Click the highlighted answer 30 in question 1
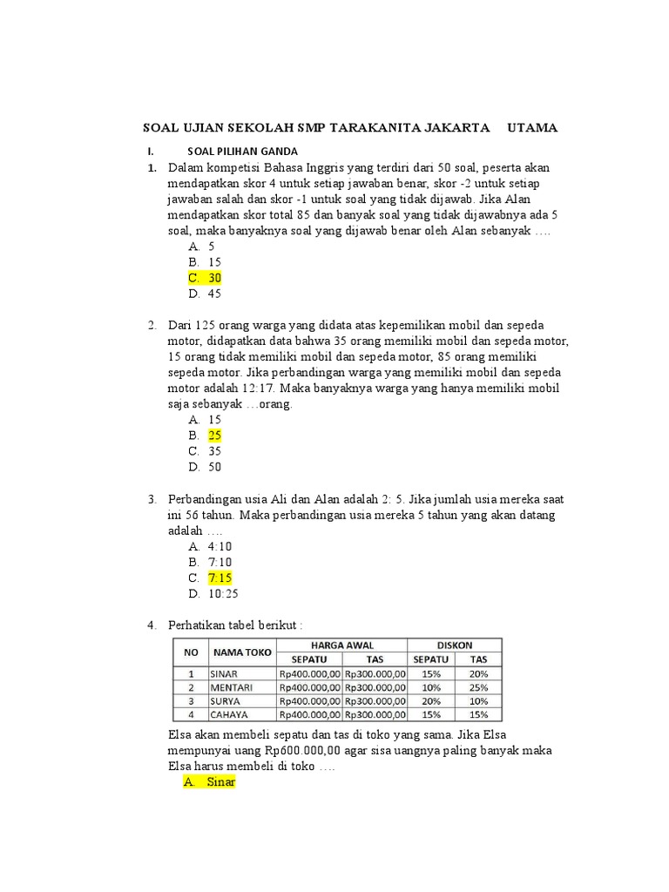(214, 278)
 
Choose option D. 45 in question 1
(206, 294)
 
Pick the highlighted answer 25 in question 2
(215, 435)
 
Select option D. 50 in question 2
(206, 466)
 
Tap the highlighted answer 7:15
(220, 578)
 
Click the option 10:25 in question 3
(223, 593)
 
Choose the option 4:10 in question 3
(220, 546)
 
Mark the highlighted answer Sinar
(221, 781)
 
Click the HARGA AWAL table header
(342, 645)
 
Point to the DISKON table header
(456, 645)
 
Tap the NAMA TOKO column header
(242, 652)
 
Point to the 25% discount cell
(478, 686)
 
